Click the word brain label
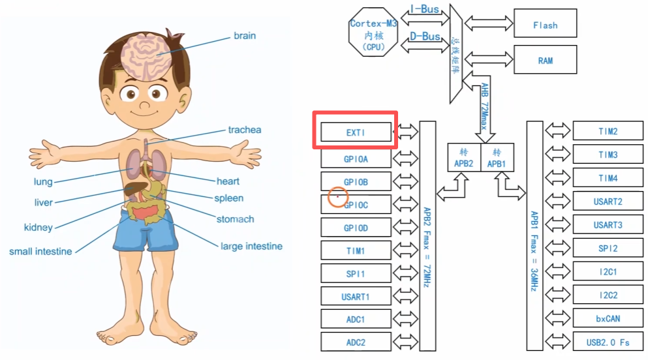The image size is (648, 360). click(245, 36)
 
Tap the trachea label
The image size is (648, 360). click(244, 130)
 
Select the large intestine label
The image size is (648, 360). click(251, 246)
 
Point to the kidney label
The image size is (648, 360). click(38, 228)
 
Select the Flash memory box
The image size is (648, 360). click(545, 25)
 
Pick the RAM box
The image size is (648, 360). click(545, 60)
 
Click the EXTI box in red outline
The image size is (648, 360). click(356, 132)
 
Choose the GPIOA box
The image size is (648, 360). click(356, 158)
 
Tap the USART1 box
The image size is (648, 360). click(356, 297)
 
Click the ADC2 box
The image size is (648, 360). click(356, 342)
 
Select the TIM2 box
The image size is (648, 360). click(608, 131)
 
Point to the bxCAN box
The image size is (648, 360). click(608, 318)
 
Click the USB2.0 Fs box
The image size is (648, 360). click(608, 341)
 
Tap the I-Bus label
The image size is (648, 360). click(425, 9)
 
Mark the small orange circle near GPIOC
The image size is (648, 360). click(337, 197)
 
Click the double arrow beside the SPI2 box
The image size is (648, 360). click(558, 248)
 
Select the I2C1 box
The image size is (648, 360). click(608, 271)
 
